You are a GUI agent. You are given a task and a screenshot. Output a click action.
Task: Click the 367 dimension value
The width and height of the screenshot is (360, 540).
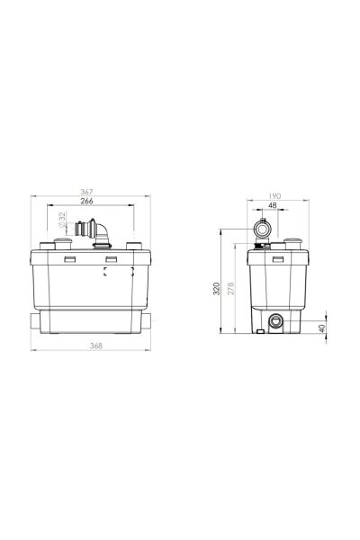click(86, 192)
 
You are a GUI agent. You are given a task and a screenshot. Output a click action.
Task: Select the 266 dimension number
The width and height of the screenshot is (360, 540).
click(86, 201)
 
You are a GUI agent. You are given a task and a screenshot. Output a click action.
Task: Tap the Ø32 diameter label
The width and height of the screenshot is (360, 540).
click(62, 220)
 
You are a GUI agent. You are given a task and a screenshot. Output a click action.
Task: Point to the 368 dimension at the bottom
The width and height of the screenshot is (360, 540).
click(95, 346)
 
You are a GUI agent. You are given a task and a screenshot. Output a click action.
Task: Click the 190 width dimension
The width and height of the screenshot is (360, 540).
click(274, 196)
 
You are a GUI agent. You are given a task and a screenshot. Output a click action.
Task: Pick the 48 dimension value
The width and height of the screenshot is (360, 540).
click(272, 205)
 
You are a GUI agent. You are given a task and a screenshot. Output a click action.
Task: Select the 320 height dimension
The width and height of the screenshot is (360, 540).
click(216, 289)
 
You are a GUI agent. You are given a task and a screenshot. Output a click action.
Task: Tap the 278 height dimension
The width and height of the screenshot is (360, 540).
click(230, 288)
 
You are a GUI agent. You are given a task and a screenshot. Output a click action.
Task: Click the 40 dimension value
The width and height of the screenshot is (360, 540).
click(322, 328)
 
